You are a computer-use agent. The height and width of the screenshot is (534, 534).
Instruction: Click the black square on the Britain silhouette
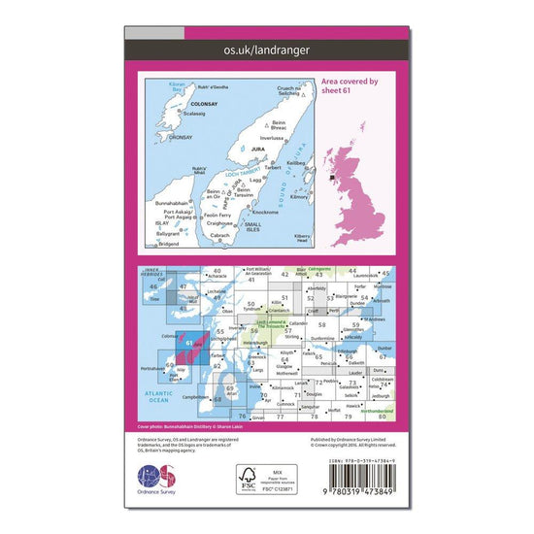(x=332, y=178)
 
